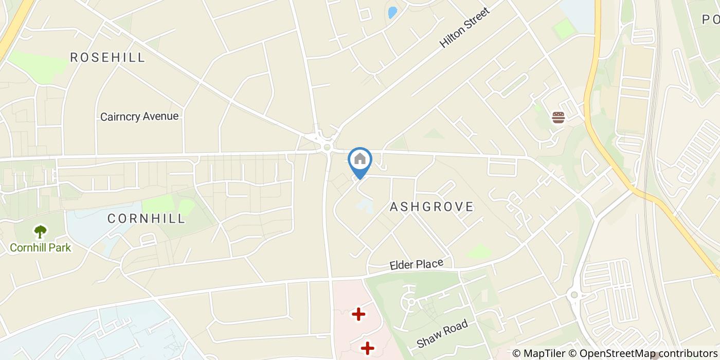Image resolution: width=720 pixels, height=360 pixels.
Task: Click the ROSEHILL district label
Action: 107,57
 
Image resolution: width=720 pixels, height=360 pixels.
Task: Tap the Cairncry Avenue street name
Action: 139,116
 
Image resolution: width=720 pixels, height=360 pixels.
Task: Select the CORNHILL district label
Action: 146,218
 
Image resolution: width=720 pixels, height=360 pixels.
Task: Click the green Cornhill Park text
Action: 40,247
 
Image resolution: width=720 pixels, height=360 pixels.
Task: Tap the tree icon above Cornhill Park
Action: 40,232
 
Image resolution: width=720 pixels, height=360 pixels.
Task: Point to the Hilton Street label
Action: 464,27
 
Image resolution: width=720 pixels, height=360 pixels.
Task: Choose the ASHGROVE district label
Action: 431,207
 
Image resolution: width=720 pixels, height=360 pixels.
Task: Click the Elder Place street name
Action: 416,264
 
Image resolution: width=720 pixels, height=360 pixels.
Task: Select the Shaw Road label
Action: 442,333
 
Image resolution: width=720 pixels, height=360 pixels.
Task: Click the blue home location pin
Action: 360,160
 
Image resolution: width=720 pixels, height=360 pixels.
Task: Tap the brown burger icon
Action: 558,118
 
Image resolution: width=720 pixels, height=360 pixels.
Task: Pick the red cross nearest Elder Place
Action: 358,314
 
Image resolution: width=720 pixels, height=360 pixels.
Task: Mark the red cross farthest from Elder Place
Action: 367,348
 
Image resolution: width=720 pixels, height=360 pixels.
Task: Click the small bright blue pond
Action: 392,12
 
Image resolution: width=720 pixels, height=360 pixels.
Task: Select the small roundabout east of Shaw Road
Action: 574,295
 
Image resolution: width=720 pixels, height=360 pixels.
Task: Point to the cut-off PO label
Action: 710,20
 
